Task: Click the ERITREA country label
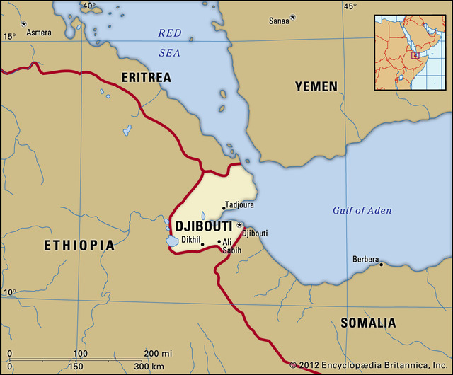tap(146, 76)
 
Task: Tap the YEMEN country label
tap(316, 86)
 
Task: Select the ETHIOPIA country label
tap(79, 246)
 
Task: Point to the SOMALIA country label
tap(368, 323)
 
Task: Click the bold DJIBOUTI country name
tap(203, 227)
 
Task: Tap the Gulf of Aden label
tap(362, 210)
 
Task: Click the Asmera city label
tap(39, 33)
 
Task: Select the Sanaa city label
tap(279, 21)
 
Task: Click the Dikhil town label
tap(191, 241)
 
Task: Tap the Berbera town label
tap(365, 260)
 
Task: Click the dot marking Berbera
tap(381, 265)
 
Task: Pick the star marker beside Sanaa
tap(293, 17)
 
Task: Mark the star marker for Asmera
tap(23, 25)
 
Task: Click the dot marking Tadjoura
tap(224, 208)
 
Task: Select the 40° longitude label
tap(88, 6)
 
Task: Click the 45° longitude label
tap(350, 6)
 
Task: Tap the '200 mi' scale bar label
tap(157, 353)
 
